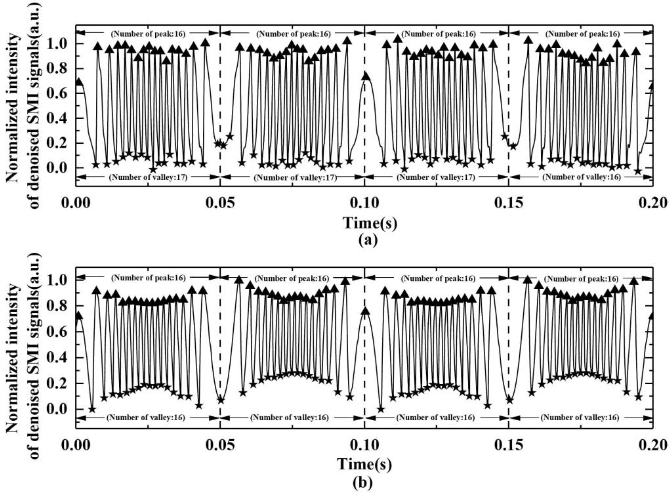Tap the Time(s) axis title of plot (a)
pos(370,223)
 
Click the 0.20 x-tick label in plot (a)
pos(653,203)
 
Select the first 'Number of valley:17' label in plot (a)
pos(148,177)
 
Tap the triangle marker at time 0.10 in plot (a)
pos(365,76)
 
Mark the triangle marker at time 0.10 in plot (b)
pos(365,311)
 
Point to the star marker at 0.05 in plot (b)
pos(221,400)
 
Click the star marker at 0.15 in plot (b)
pos(509,400)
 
